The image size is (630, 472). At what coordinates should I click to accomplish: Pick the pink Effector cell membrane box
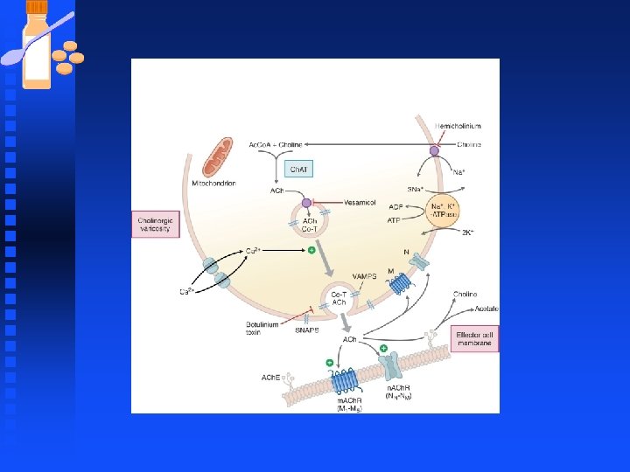click(x=476, y=337)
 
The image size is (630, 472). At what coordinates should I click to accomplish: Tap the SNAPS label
click(x=306, y=330)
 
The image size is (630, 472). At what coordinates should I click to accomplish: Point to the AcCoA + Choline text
click(x=276, y=144)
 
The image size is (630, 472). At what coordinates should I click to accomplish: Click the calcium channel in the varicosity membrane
click(x=215, y=272)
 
